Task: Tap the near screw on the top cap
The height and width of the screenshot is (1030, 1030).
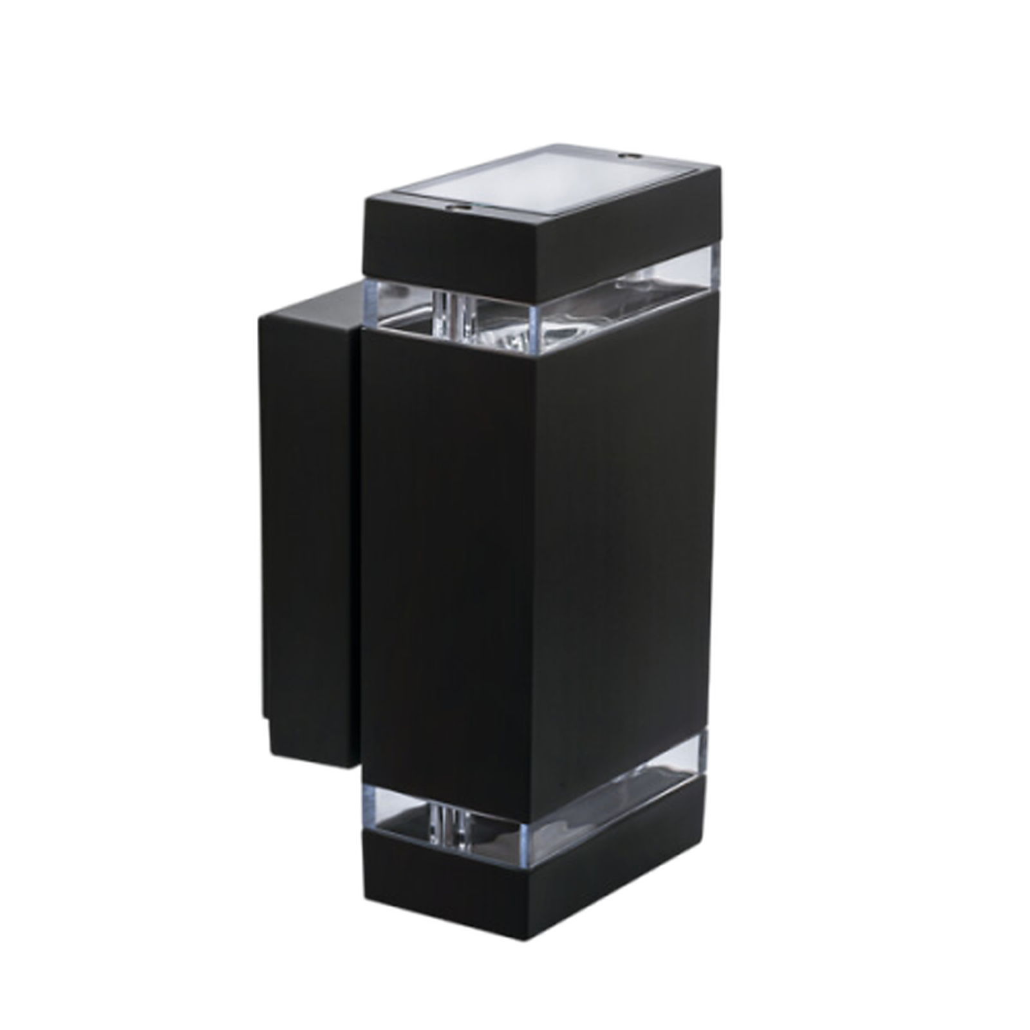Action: click(x=460, y=208)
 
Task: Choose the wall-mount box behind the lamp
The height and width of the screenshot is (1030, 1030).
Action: click(x=309, y=515)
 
